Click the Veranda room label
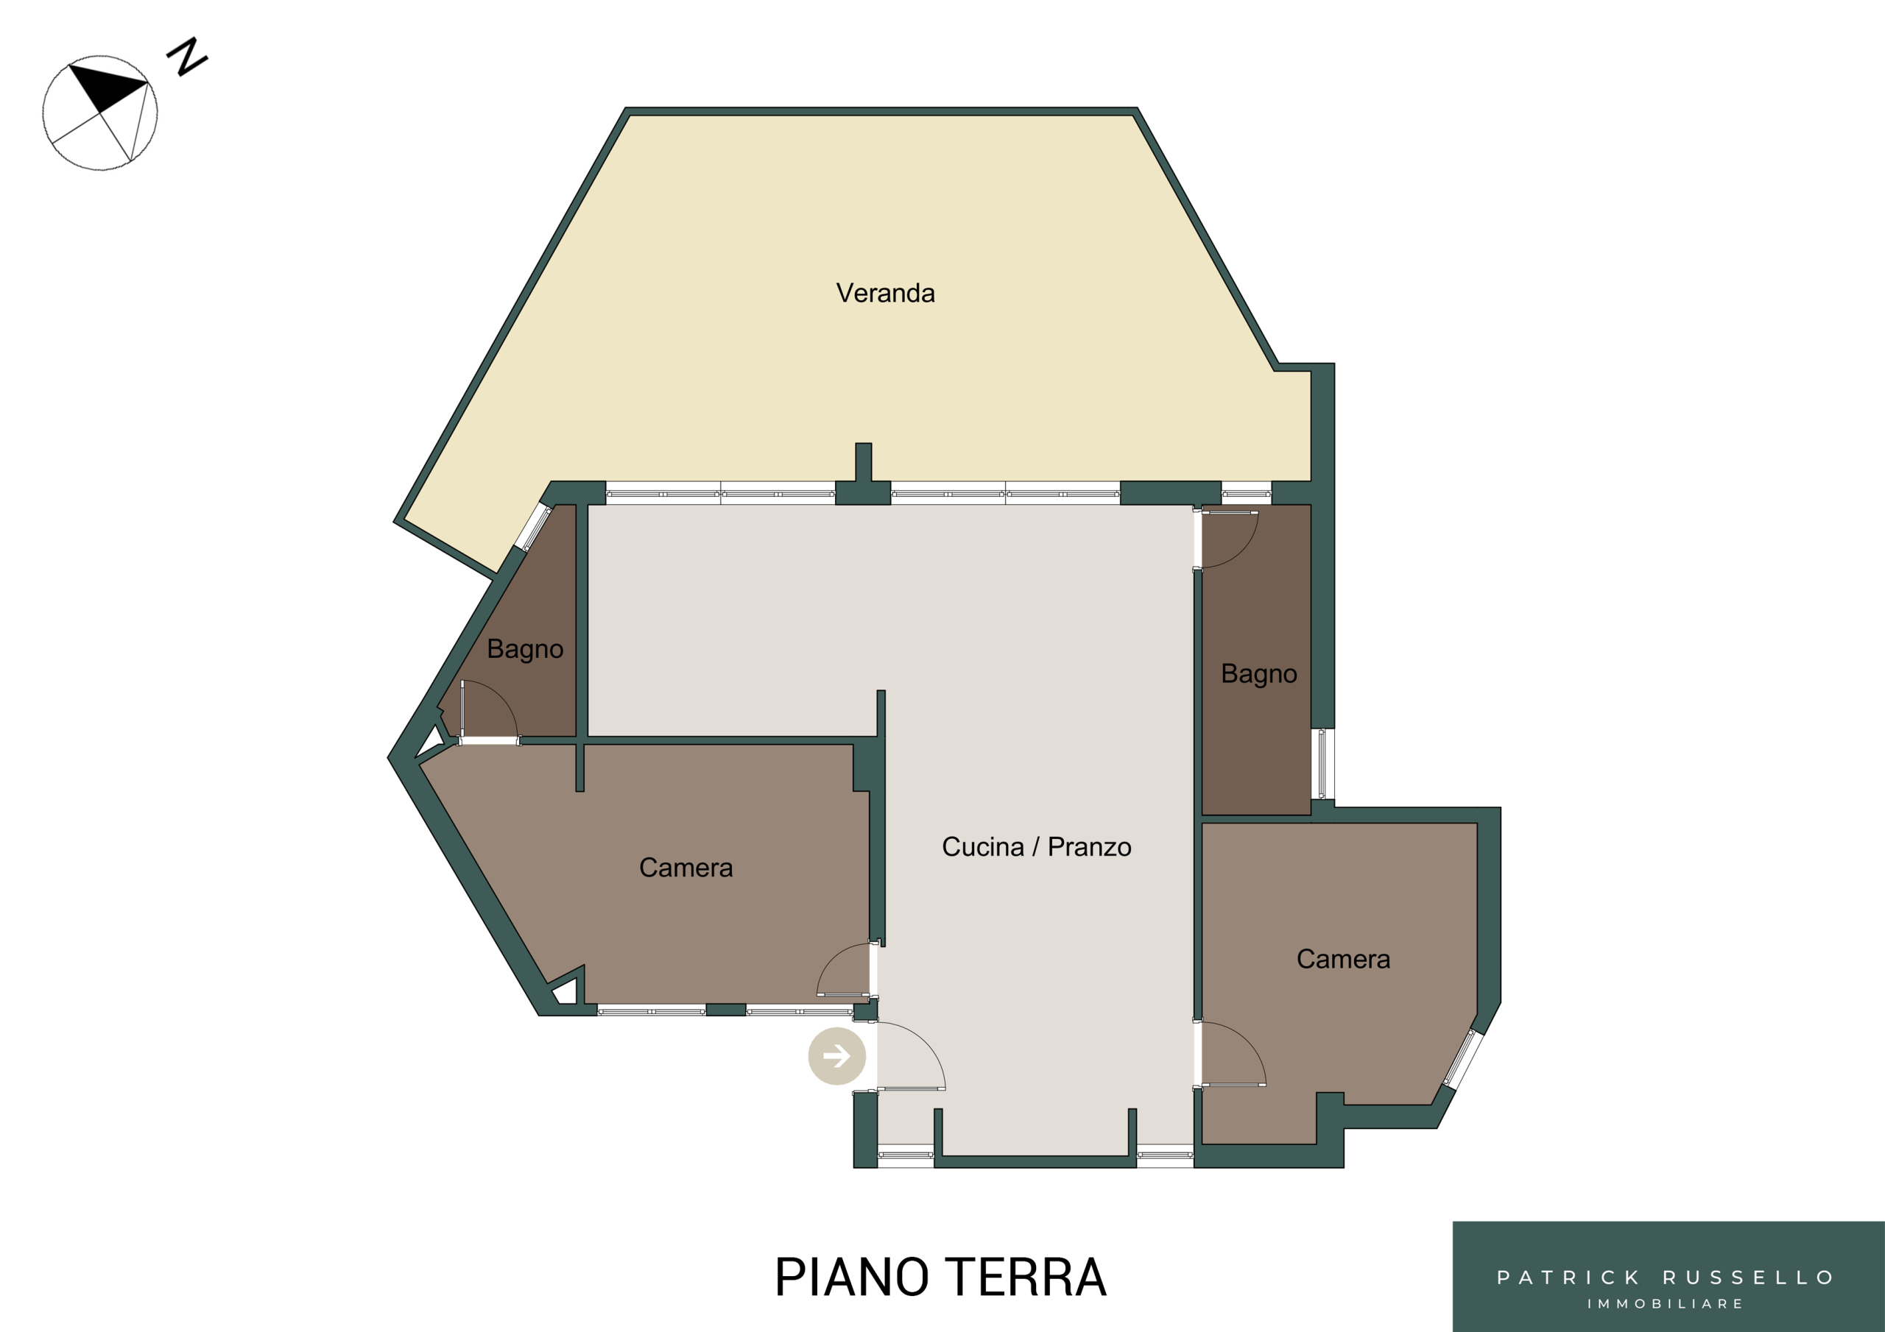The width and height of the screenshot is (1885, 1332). point(885,293)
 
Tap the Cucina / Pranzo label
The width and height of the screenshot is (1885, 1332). point(1036,846)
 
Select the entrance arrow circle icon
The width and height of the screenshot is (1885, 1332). point(836,1055)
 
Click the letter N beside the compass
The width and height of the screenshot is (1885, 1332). point(187,56)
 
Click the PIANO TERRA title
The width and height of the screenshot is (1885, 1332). point(941,1277)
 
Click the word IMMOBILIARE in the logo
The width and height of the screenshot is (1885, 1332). point(1665,1303)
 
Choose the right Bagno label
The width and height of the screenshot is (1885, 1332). point(1258,674)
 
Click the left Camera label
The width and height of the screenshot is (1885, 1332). point(686,868)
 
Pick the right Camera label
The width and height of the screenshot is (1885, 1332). point(1343,959)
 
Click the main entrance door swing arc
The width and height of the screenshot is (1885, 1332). point(926,1041)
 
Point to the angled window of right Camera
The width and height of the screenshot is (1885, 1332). point(1464,1059)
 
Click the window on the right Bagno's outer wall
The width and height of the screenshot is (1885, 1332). point(1322,763)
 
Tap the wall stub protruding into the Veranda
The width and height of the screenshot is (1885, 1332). point(864,462)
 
